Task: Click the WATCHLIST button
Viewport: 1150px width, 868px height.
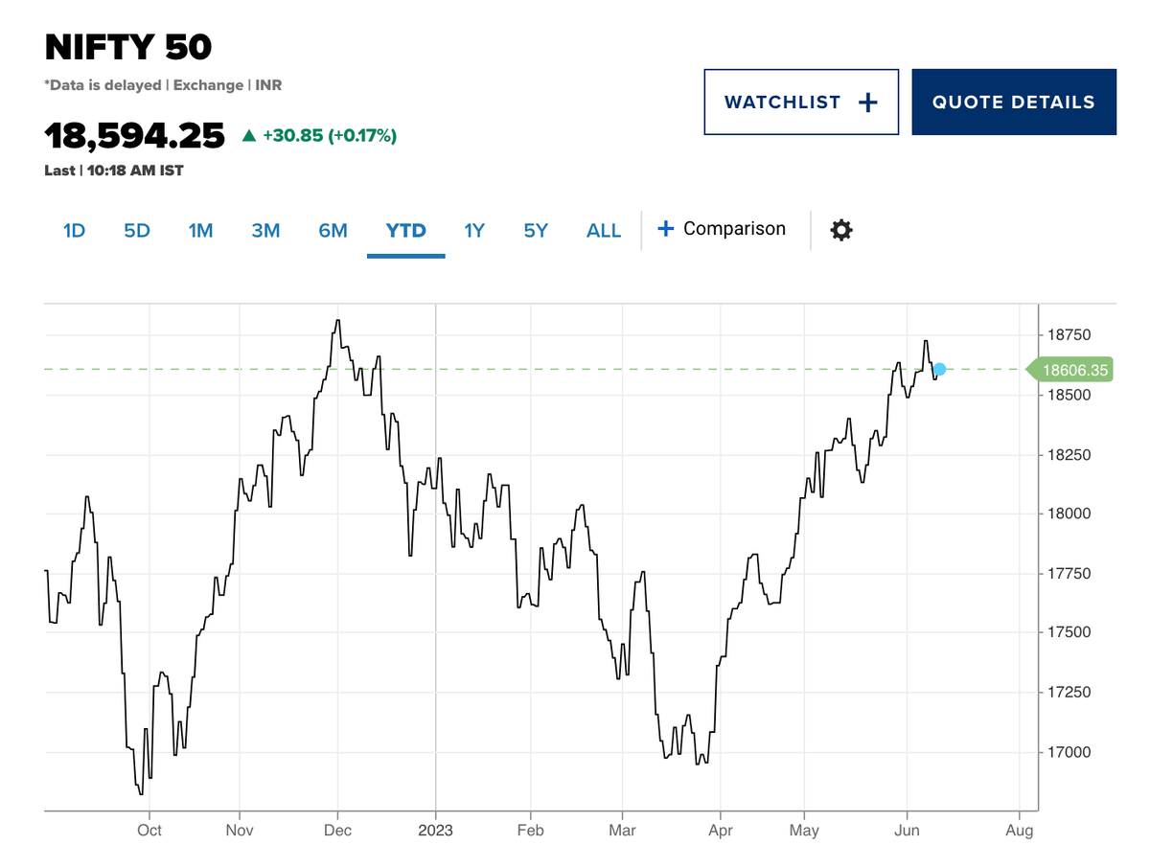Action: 801,103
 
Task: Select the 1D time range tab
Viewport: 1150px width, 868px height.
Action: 74,231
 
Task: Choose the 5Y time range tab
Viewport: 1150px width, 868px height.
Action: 536,231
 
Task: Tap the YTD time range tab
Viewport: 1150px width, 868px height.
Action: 405,231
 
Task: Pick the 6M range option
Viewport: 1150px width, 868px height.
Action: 333,231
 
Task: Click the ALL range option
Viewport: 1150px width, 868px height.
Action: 604,231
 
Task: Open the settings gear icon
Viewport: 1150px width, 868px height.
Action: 841,230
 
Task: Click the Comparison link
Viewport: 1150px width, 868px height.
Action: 722,229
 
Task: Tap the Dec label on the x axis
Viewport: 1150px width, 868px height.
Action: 337,831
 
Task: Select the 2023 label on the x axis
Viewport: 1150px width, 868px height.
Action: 435,831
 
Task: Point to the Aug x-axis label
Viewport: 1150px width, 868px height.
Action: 1020,831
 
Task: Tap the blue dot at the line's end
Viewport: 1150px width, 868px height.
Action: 940,369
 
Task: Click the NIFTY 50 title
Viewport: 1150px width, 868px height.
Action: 128,47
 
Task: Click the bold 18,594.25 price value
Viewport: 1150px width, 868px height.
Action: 134,136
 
